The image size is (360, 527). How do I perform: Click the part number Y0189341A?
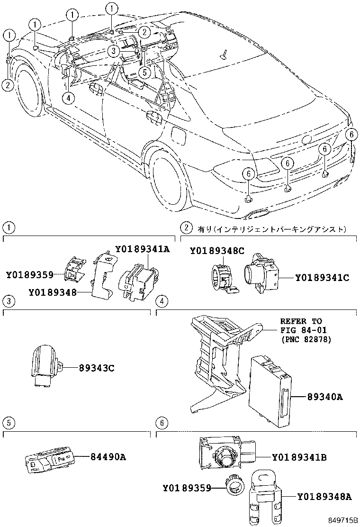142,249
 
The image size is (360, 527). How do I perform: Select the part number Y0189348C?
217,251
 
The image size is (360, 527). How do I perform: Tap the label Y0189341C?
322,278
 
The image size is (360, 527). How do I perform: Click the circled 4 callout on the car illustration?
69,98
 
